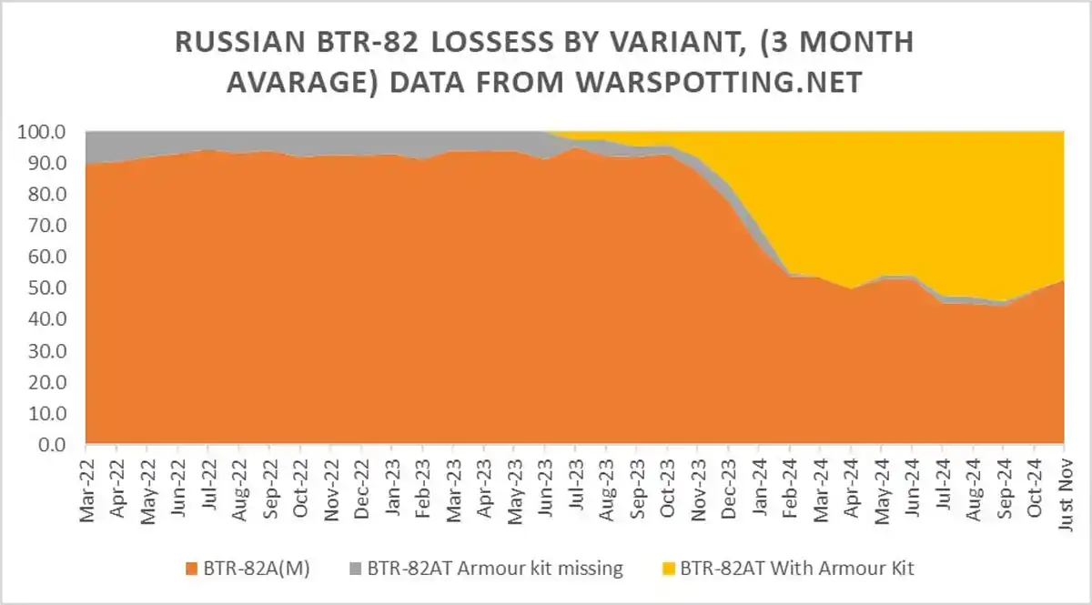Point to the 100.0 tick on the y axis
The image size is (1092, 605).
[x=43, y=133]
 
